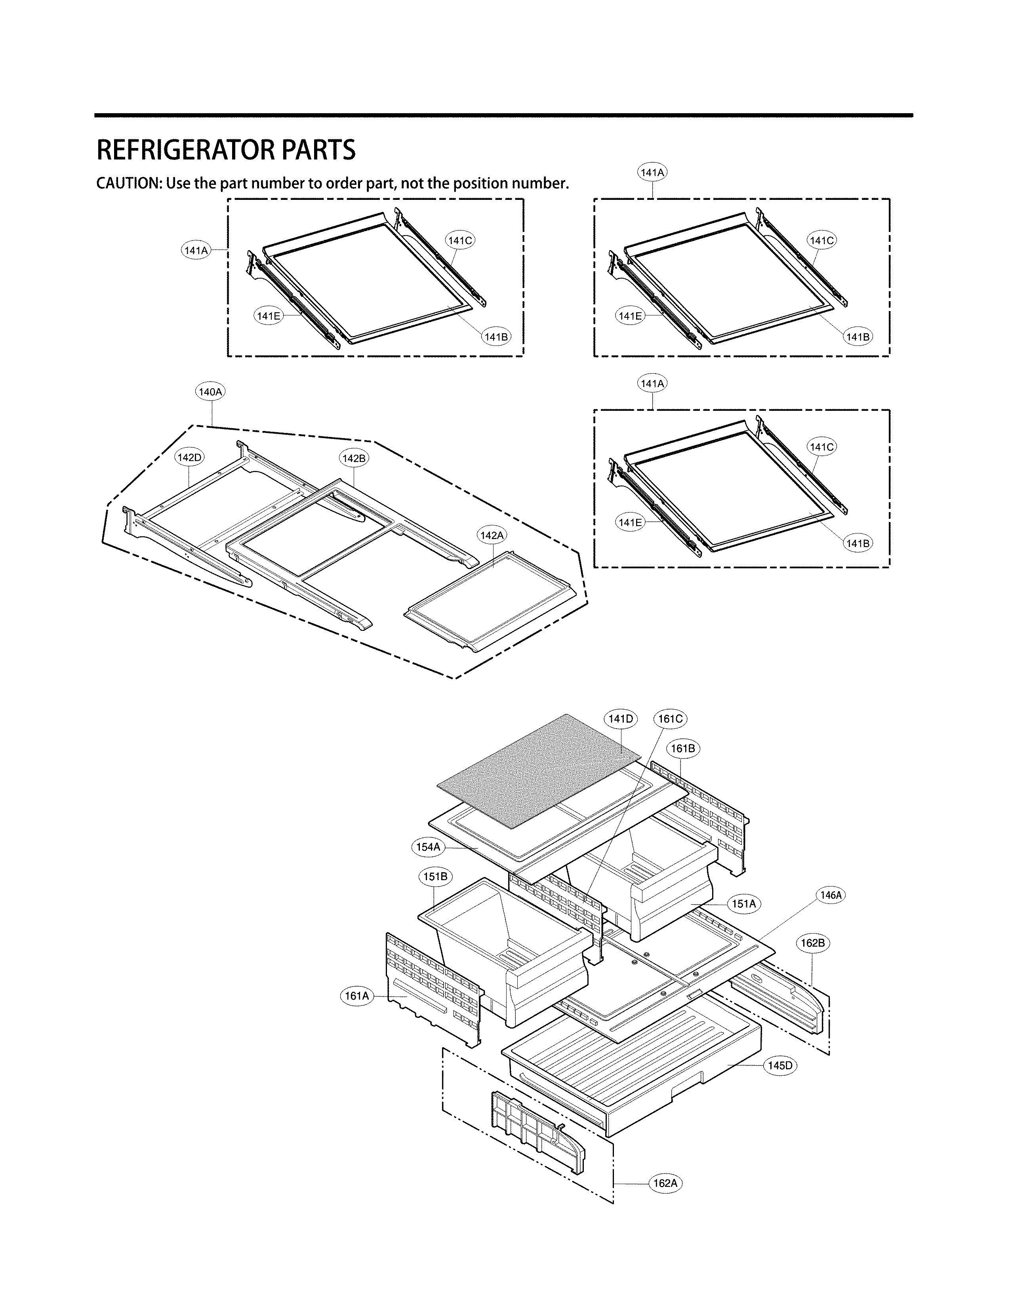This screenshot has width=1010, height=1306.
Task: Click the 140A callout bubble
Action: (x=211, y=392)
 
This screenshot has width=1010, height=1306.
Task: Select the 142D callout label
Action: (x=189, y=458)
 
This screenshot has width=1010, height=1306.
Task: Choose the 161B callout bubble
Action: (x=683, y=749)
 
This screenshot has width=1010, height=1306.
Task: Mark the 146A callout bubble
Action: (x=831, y=895)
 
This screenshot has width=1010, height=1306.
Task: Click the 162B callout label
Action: (x=813, y=943)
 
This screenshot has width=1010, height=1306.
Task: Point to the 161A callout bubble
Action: (x=357, y=996)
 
